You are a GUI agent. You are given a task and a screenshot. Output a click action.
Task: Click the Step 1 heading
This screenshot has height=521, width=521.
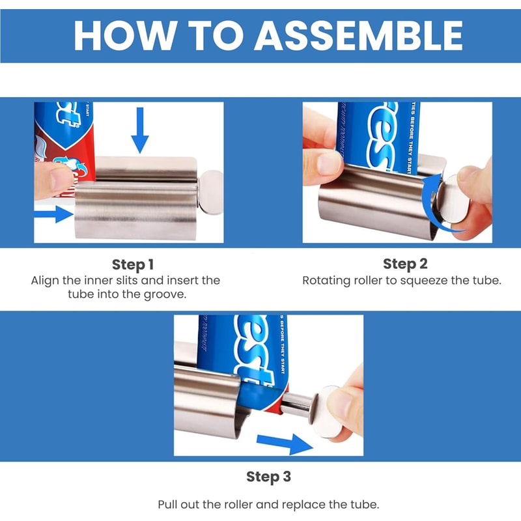pyautogui.click(x=133, y=264)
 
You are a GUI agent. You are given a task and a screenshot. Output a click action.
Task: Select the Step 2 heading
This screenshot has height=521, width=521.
pyautogui.click(x=405, y=264)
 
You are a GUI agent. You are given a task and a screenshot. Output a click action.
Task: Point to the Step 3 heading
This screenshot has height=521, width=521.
pyautogui.click(x=268, y=477)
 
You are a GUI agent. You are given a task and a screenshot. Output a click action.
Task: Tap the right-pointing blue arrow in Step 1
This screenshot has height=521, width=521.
pyautogui.click(x=54, y=214)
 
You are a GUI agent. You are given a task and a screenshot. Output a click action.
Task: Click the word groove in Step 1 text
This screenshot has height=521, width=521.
pyautogui.click(x=169, y=294)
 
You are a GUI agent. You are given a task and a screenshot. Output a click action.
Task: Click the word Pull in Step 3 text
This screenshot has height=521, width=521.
pyautogui.click(x=168, y=505)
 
